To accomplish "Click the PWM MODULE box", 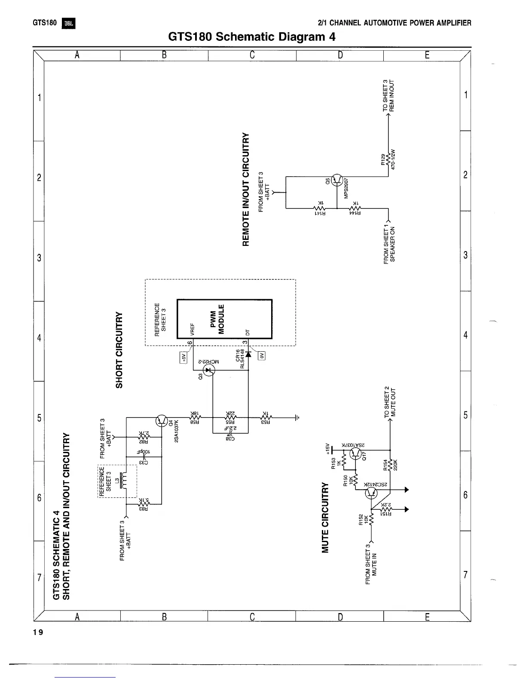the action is click(224, 319).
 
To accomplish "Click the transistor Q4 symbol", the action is click(162, 420).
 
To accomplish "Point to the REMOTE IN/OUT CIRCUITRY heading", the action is click(246, 189).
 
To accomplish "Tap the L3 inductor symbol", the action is click(124, 481).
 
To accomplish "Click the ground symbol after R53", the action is click(297, 417).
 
